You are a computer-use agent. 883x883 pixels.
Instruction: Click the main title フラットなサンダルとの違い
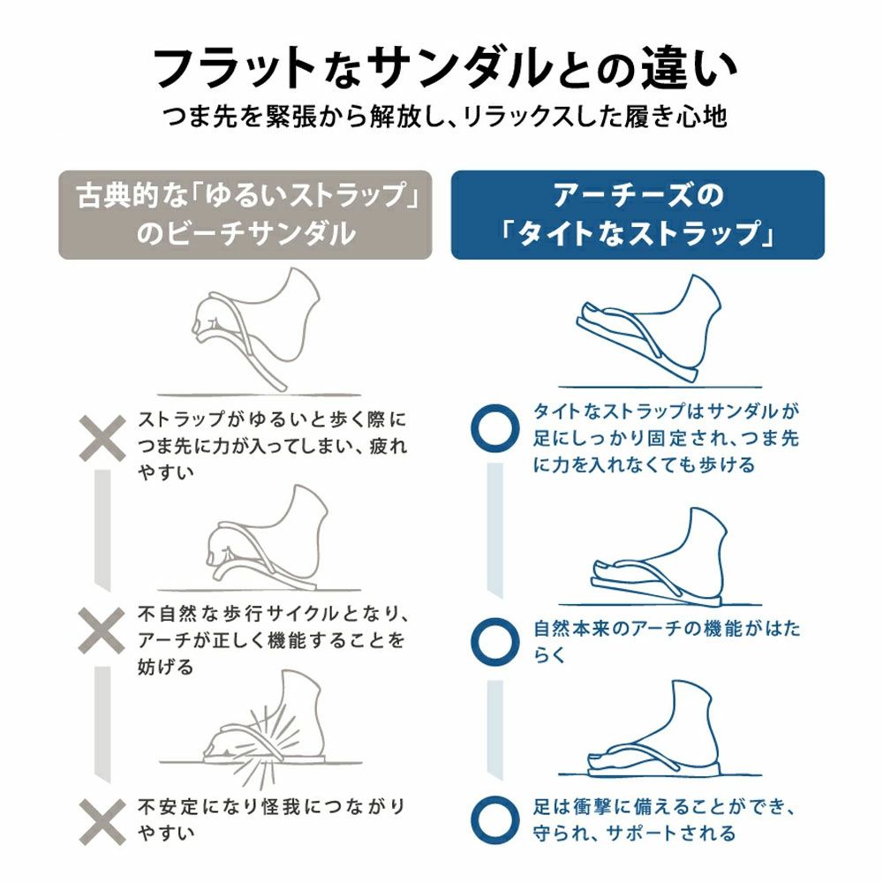444,68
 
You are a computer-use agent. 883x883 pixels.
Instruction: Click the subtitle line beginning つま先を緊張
445,117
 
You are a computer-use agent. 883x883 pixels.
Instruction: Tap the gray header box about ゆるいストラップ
245,215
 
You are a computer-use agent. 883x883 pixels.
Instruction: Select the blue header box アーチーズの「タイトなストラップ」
638,215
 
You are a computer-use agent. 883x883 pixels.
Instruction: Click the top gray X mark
102,438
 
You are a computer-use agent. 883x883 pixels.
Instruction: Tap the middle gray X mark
102,630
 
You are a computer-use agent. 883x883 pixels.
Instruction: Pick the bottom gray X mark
102,822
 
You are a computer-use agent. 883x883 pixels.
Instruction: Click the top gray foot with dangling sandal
256,328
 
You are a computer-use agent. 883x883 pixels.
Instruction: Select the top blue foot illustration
648,328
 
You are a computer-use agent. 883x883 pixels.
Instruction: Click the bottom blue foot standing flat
653,727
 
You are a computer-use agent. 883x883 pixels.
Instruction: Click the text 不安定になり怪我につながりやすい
271,819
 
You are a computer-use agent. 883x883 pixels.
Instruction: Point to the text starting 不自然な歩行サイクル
271,640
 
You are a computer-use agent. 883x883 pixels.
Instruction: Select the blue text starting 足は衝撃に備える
665,819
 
